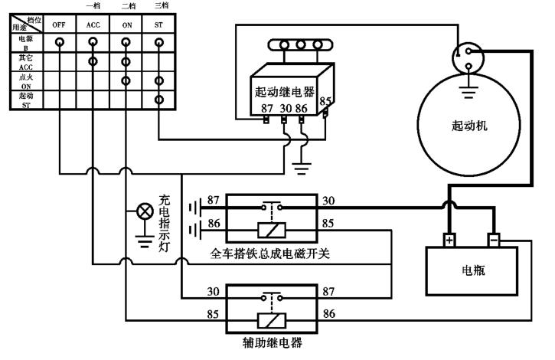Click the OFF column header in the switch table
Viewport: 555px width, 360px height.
(60, 25)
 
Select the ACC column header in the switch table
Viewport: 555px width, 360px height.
(93, 25)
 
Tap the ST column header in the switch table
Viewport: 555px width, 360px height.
(158, 25)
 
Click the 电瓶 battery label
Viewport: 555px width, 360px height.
(474, 270)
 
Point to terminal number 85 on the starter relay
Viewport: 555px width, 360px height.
(325, 100)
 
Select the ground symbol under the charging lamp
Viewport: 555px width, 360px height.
(143, 244)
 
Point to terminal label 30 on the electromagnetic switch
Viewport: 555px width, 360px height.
(328, 201)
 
